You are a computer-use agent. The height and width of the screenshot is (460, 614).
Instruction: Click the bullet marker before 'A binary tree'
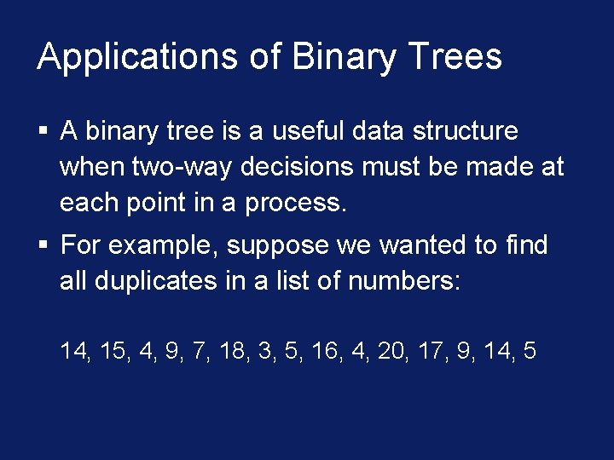(x=43, y=131)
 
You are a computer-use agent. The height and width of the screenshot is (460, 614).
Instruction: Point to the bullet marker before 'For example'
(x=43, y=246)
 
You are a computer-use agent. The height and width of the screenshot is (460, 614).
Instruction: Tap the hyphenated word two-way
(x=182, y=167)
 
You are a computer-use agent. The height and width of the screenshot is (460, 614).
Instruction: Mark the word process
(x=297, y=203)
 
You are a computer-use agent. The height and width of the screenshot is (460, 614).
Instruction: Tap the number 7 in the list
(x=201, y=350)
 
